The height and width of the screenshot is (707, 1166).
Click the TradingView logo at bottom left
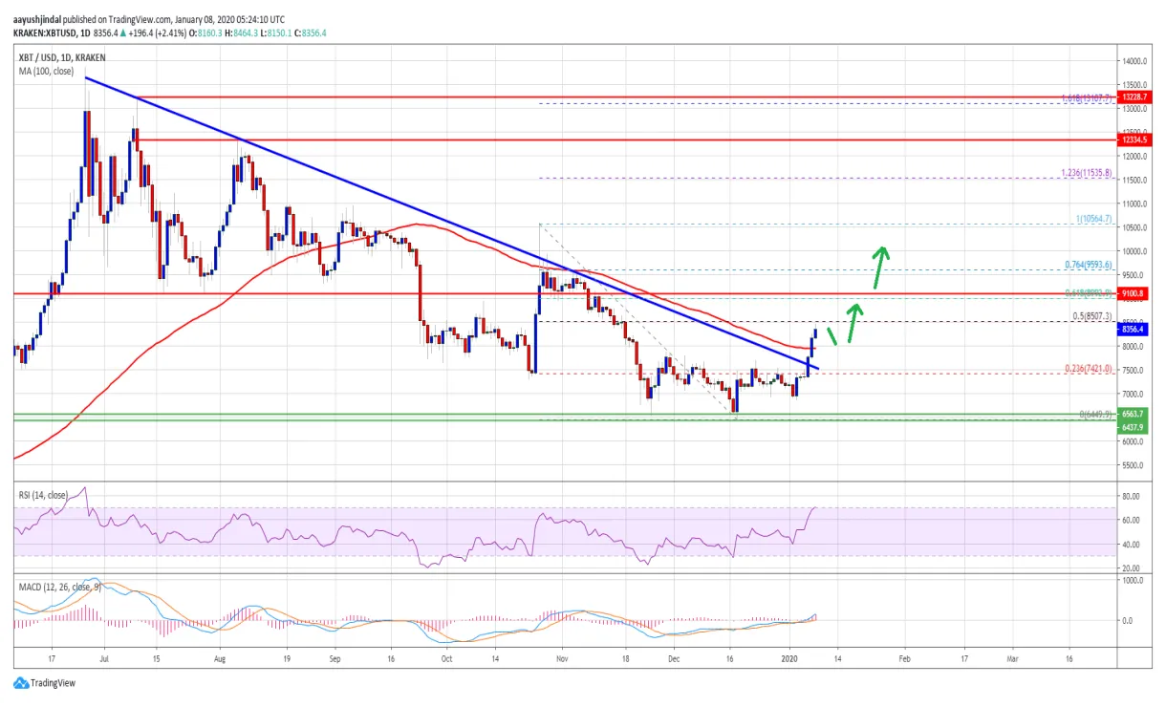[x=44, y=683]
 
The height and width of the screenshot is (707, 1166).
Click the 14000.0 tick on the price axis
[x=1134, y=60]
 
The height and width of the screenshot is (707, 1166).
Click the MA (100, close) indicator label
[x=45, y=44]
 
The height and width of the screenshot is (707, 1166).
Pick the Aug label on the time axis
[x=220, y=658]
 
